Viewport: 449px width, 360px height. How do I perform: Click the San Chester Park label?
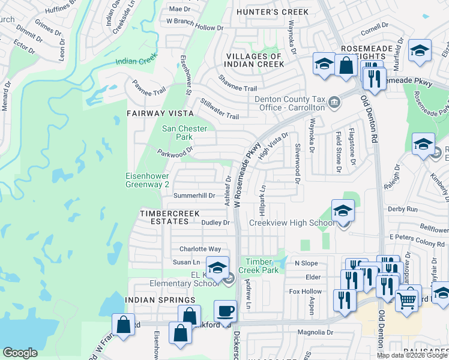185,133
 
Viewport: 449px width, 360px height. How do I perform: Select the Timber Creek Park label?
259,266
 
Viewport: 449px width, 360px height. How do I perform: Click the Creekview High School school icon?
343,211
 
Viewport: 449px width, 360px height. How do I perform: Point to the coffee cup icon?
225,311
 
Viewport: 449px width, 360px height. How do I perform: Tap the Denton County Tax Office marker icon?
334,103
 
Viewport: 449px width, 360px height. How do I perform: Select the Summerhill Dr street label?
194,196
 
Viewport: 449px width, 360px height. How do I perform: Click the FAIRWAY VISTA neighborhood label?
160,113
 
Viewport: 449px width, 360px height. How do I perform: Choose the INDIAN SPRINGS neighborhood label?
160,299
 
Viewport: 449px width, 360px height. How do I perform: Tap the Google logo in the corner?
20,353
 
